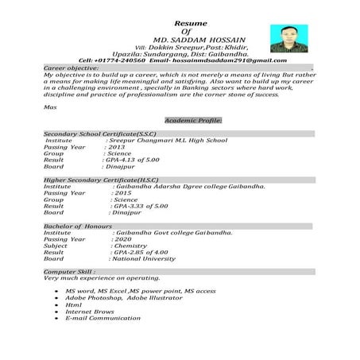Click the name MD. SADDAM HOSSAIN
196,39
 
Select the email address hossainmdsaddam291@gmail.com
218,60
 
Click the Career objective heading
71,68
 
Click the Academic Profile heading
193,120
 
